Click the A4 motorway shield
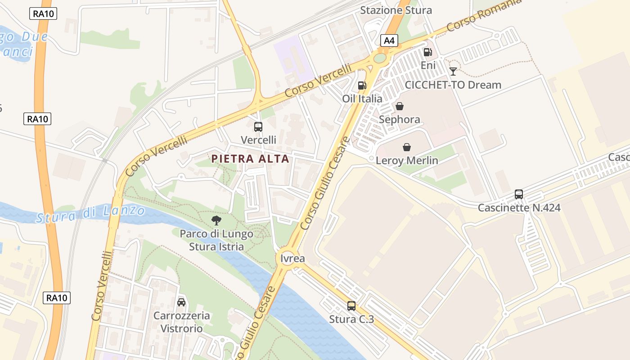pyautogui.click(x=390, y=41)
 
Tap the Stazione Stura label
pyautogui.click(x=396, y=10)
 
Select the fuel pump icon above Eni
pyautogui.click(x=427, y=52)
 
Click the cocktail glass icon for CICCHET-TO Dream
pyautogui.click(x=453, y=72)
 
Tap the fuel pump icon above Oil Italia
pyautogui.click(x=362, y=85)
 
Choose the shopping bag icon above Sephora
pyautogui.click(x=399, y=106)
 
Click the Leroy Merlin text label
pyautogui.click(x=407, y=161)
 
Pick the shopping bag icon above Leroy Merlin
pyautogui.click(x=407, y=147)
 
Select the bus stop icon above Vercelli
pyautogui.click(x=258, y=127)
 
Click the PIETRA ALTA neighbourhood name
pyautogui.click(x=250, y=159)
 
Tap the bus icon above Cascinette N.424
pyautogui.click(x=519, y=194)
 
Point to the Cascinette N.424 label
pyautogui.click(x=519, y=208)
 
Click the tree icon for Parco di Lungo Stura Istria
pyautogui.click(x=216, y=220)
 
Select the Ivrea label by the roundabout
pyautogui.click(x=292, y=259)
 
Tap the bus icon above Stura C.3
pyautogui.click(x=351, y=306)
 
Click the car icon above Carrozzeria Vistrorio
pyautogui.click(x=181, y=302)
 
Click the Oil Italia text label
pyautogui.click(x=362, y=99)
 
